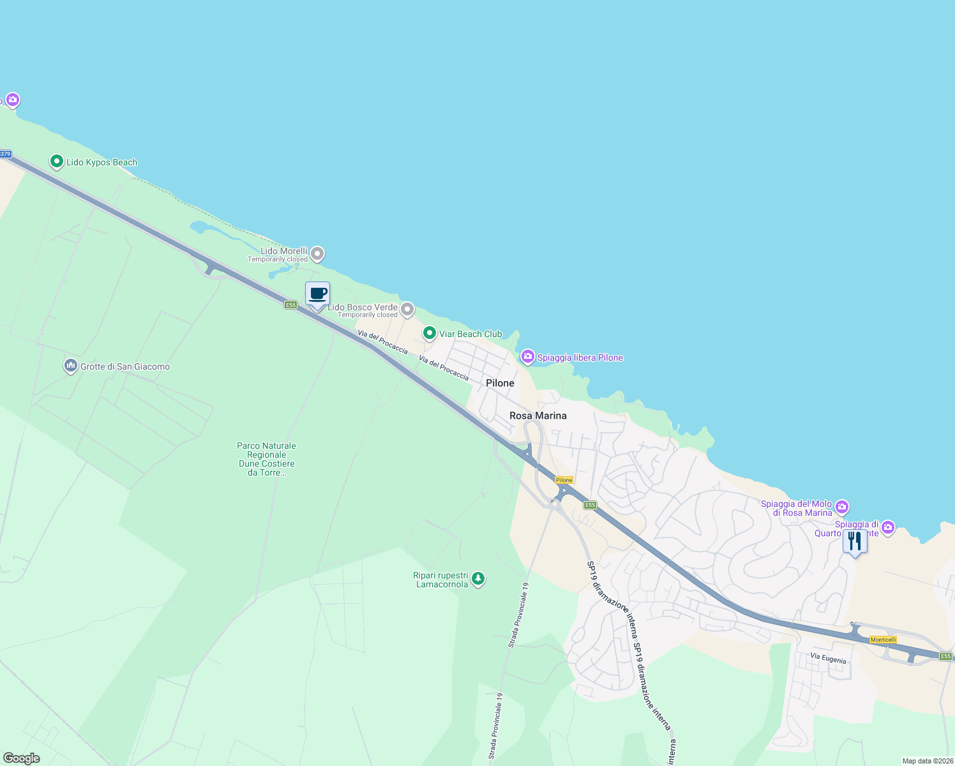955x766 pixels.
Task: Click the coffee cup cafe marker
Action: (x=317, y=294)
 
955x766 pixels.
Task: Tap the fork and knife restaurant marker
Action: (x=855, y=541)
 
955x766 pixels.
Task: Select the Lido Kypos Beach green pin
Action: (x=57, y=161)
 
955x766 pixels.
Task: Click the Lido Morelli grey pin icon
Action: (x=317, y=254)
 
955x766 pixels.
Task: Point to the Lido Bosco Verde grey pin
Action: (x=407, y=310)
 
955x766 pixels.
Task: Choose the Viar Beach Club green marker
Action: (x=430, y=333)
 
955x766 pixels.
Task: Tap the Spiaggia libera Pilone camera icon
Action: (x=528, y=357)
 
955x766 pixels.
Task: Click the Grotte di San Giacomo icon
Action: (x=71, y=366)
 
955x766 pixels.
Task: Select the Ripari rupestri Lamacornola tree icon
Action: (x=478, y=579)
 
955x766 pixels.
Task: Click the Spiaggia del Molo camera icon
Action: (x=842, y=507)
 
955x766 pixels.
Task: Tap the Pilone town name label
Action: (x=500, y=383)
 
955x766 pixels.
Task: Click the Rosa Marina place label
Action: (x=538, y=416)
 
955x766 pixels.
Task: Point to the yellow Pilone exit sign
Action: (x=564, y=480)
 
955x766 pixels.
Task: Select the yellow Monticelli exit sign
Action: (x=884, y=640)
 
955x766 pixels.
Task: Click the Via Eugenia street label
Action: (x=828, y=658)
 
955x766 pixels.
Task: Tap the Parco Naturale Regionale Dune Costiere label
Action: (x=267, y=459)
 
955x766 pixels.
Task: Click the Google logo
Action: (x=22, y=758)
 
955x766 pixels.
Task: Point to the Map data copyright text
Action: (x=928, y=761)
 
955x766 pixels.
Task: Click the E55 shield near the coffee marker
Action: (x=291, y=305)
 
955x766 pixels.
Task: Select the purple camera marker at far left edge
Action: (x=12, y=100)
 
